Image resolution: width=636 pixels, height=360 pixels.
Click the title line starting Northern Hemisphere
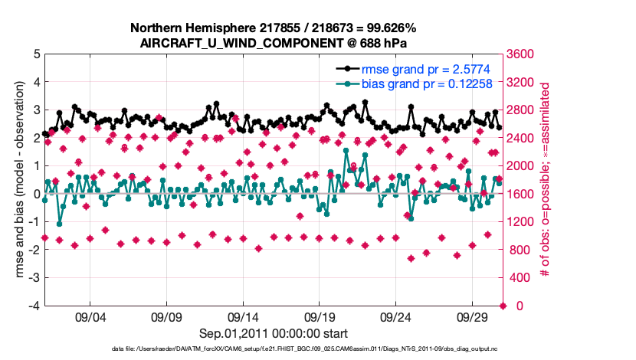pos(274,28)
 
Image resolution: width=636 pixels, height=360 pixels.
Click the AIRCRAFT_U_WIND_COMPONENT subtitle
pos(274,42)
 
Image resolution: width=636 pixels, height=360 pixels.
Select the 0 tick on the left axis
pos(37,195)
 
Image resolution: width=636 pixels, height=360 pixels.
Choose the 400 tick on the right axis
pos(520,278)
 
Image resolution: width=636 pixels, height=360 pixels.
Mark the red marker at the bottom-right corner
pos(503,306)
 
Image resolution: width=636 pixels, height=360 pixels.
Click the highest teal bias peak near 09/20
pos(346,151)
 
